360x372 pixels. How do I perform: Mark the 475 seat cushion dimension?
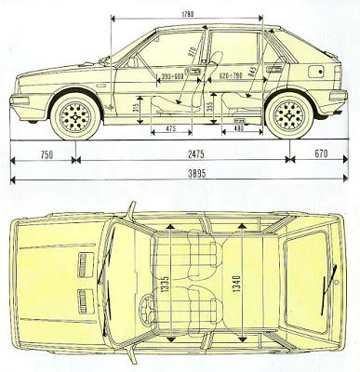[170, 127]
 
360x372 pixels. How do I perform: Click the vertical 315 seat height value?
[137, 111]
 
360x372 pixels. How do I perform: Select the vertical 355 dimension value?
[210, 105]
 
